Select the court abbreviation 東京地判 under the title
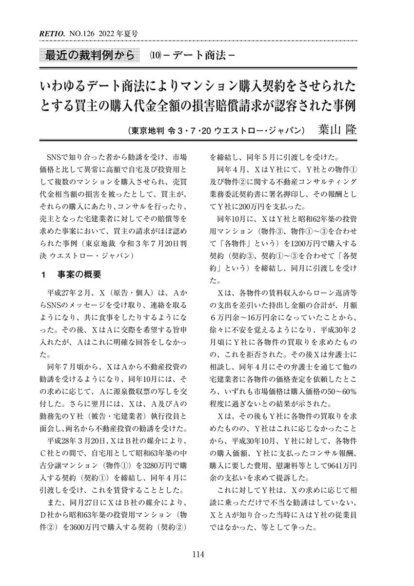[145, 131]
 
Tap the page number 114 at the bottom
[197, 554]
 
